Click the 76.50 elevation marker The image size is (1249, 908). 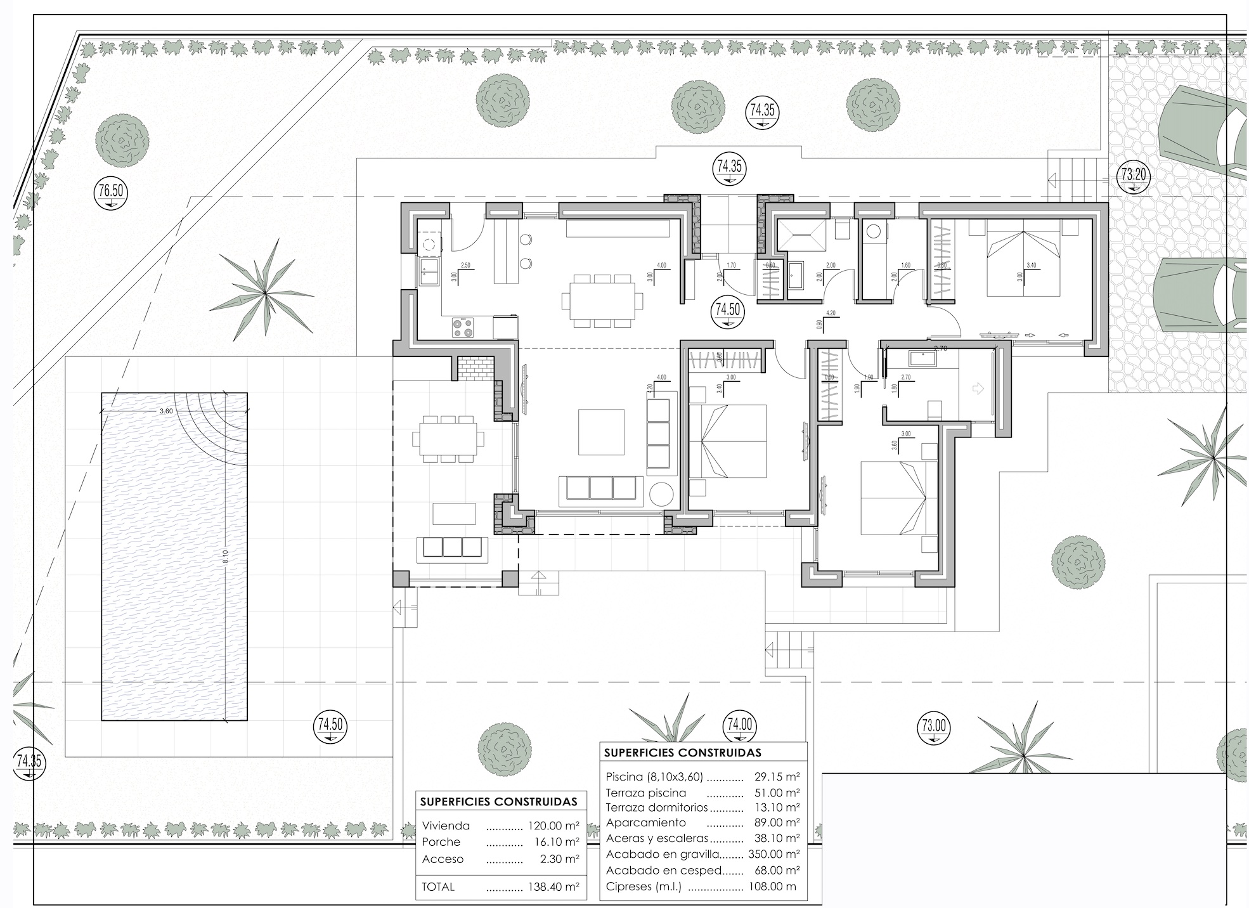coord(109,190)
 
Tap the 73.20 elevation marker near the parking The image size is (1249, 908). coord(1133,174)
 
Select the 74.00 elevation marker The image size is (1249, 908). coord(739,725)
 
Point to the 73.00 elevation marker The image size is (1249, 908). coord(933,725)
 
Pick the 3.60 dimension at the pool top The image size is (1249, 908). coord(166,411)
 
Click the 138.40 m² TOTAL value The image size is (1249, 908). coord(553,887)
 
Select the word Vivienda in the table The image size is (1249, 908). coord(446,826)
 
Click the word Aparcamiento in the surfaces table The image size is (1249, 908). coord(645,822)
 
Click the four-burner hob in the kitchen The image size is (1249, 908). coord(463,327)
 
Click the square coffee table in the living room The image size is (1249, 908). coord(601,432)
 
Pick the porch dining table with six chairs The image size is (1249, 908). coord(448,438)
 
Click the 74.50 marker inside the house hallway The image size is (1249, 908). coord(728,311)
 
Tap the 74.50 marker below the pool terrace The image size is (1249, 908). coord(330,725)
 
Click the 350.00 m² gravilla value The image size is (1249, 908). coord(773,854)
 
